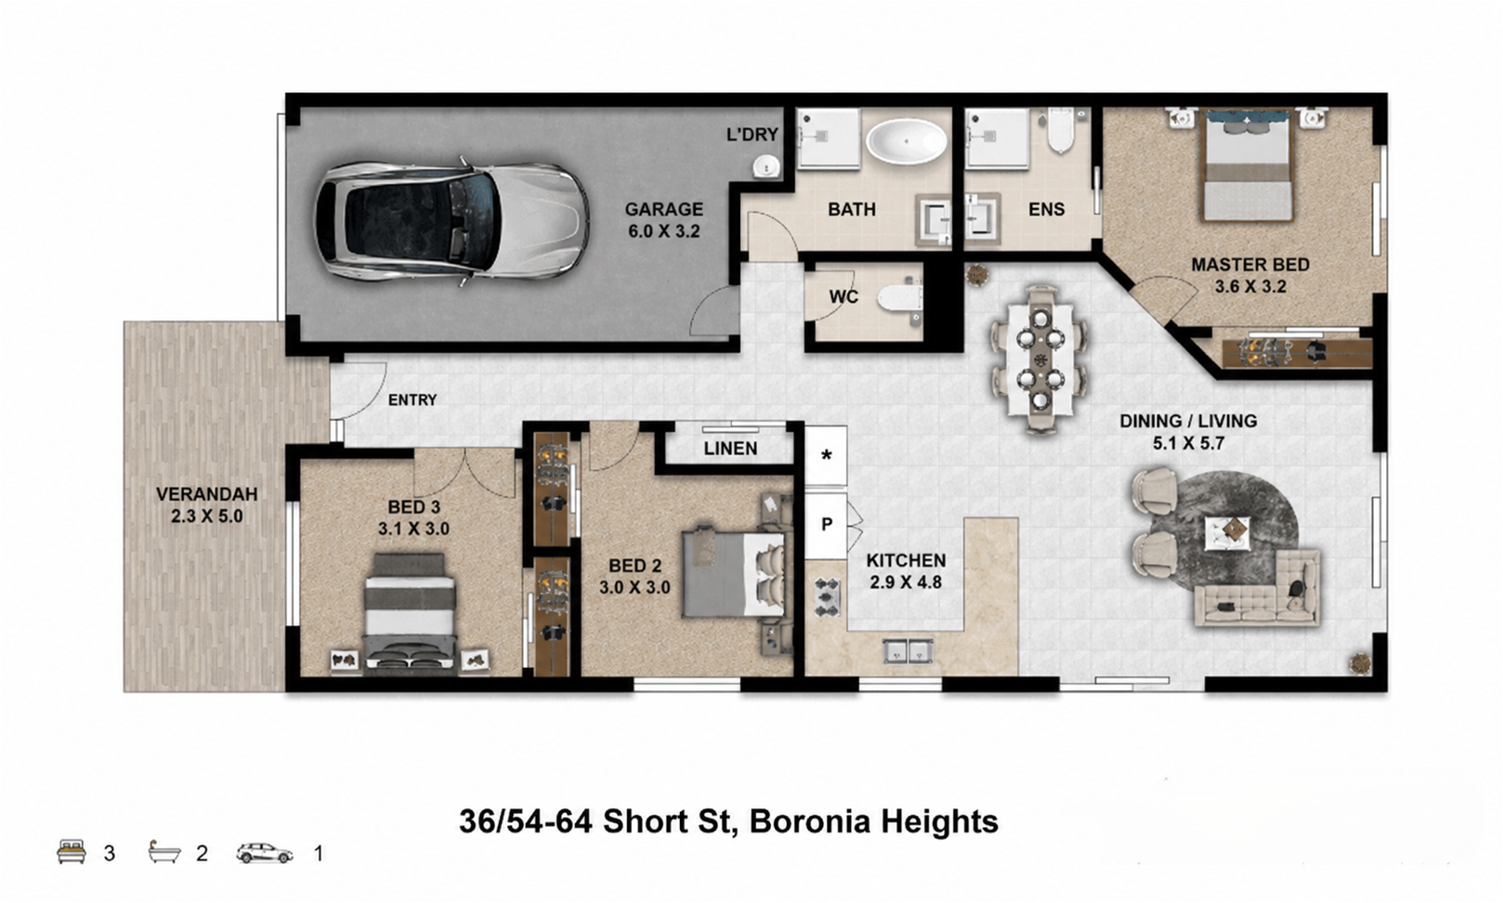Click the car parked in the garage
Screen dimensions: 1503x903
[452, 221]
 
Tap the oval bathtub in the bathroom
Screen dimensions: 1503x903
[906, 141]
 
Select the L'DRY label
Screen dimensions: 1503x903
[752, 135]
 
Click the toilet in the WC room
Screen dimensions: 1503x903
[900, 297]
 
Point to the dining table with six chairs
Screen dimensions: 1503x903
[1039, 359]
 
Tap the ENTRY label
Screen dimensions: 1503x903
[412, 399]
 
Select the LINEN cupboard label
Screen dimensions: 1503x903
[730, 448]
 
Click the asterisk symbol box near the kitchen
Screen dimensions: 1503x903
[826, 455]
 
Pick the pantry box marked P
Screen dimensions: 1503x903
[826, 525]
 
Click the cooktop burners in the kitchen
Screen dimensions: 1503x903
[827, 596]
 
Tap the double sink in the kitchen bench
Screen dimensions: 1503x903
[908, 650]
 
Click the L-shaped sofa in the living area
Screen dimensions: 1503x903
[1260, 589]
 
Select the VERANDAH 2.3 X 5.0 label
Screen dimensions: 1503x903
[206, 505]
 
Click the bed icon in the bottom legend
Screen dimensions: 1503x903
[72, 852]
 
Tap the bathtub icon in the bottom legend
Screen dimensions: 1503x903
[164, 852]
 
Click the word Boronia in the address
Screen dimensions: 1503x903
[809, 821]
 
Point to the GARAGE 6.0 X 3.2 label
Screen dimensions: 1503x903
[663, 220]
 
